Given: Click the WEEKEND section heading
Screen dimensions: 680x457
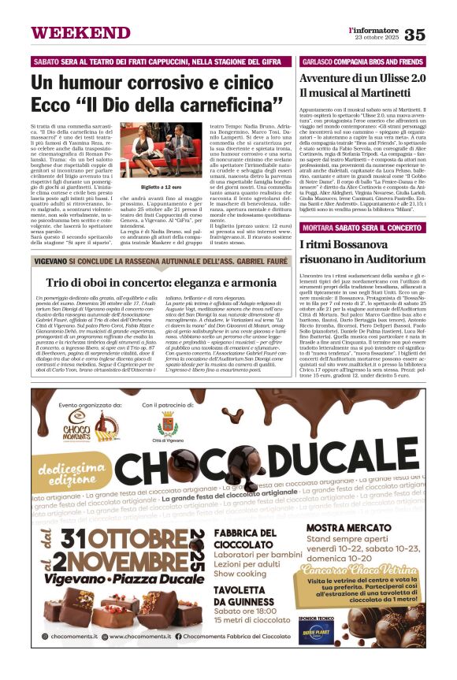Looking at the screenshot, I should (69, 33).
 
